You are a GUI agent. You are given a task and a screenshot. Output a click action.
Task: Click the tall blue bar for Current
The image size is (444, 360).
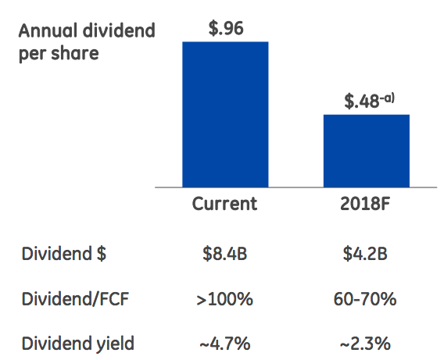(x=225, y=114)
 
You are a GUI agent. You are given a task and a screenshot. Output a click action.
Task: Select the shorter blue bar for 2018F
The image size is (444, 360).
(x=366, y=151)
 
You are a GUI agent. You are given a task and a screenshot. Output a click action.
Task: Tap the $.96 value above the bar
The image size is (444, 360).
(x=226, y=29)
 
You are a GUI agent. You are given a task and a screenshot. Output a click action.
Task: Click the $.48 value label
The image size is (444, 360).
(x=361, y=101)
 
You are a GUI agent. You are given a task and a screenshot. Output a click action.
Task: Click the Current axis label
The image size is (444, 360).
(x=225, y=205)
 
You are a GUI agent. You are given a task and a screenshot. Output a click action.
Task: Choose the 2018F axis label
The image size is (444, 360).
(x=366, y=205)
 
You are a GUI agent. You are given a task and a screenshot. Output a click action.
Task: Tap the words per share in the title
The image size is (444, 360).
(x=59, y=55)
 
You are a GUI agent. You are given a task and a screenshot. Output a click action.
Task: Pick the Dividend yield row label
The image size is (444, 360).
(x=78, y=342)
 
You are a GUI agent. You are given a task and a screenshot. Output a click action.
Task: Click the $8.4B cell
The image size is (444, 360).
(x=225, y=253)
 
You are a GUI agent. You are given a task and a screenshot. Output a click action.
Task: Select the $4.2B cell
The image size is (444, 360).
(x=366, y=253)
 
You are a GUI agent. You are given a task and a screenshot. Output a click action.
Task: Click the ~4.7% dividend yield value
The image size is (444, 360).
(x=225, y=342)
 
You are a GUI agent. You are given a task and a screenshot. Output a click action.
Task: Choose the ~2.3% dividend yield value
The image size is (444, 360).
(x=366, y=342)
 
